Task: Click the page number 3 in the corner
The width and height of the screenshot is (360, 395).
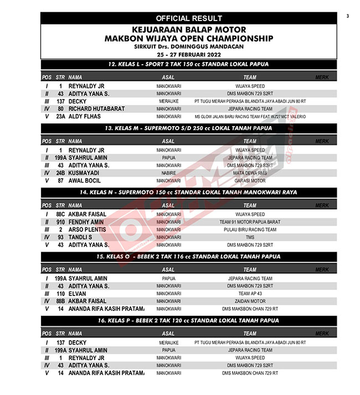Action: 348,16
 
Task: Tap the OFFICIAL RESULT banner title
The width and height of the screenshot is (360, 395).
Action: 189,18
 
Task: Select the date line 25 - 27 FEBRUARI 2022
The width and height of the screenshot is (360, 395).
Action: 189,55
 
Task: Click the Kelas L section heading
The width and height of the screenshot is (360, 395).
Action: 189,64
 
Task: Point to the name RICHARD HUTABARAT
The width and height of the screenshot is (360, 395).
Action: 96,109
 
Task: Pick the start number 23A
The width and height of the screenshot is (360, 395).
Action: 60,117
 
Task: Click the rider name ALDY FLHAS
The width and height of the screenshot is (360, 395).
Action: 84,117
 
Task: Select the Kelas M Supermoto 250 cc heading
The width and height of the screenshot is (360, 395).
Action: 189,128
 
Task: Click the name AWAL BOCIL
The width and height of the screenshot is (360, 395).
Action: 85,181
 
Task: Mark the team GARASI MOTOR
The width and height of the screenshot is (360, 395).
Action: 250,181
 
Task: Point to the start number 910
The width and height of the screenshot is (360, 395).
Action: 60,222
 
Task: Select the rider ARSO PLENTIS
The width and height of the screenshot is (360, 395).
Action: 88,230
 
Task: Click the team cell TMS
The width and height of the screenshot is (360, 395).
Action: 250,237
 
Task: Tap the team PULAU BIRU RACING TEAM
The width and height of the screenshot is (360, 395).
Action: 250,230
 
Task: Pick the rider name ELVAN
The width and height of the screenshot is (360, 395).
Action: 78,294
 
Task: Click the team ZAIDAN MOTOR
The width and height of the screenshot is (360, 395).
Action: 250,302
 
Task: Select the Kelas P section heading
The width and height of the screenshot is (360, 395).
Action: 189,320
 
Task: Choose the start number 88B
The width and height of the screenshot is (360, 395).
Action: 60,302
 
